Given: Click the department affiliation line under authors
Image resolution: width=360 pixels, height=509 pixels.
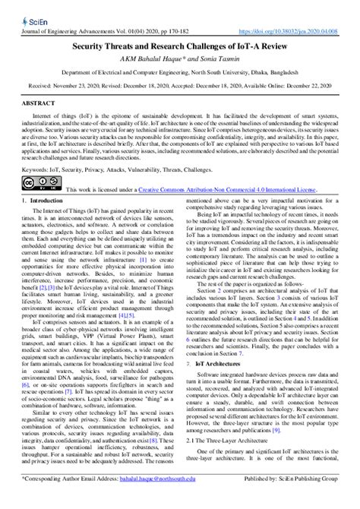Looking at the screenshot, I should click(179, 72).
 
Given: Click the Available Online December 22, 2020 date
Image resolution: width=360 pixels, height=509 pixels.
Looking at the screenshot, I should click(292, 85).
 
